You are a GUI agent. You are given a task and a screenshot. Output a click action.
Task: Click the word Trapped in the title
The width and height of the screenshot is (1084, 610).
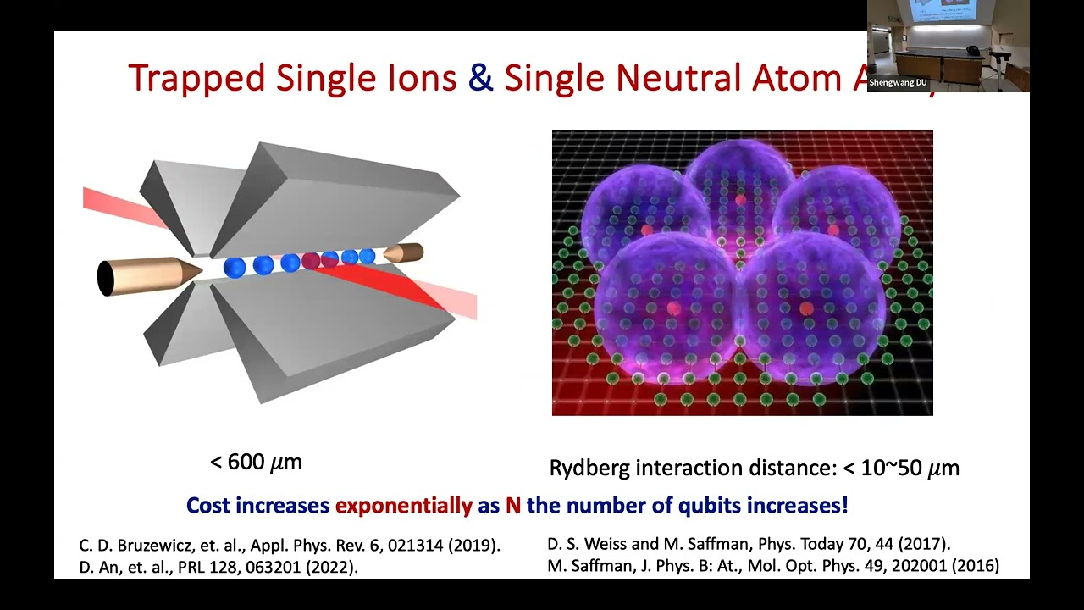[x=196, y=78]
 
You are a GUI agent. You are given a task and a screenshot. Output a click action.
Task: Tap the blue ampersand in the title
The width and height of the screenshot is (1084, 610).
[x=480, y=77]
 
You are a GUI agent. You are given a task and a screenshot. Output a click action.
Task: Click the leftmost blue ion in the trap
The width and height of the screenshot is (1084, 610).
[x=235, y=268]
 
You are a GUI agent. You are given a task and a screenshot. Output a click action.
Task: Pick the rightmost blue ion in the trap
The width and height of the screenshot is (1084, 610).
[x=367, y=256]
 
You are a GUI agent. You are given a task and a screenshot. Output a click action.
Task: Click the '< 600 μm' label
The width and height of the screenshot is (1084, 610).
[x=256, y=462]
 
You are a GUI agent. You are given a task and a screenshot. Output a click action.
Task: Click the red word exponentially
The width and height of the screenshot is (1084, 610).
[x=403, y=506]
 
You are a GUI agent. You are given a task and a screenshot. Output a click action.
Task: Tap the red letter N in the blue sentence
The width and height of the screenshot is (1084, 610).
[x=512, y=506]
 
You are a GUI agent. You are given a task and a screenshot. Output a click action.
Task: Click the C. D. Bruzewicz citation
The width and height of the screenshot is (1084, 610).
[x=290, y=545]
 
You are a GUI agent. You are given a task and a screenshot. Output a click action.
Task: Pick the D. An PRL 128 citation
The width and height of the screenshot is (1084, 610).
[x=218, y=567]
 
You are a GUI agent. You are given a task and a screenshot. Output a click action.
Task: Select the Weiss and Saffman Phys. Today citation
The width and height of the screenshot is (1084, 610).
[x=749, y=544]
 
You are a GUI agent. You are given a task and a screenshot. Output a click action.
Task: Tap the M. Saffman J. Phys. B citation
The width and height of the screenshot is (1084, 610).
[x=773, y=565]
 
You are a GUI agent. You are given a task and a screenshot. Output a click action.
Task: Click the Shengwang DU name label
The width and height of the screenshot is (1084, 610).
[x=899, y=83]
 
